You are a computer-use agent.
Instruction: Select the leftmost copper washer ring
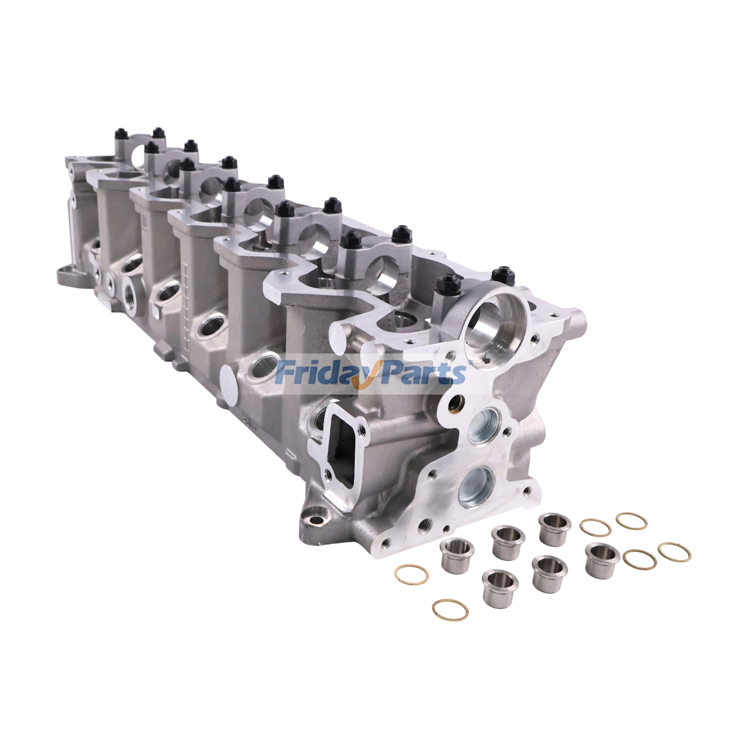pyautogui.click(x=411, y=573)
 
